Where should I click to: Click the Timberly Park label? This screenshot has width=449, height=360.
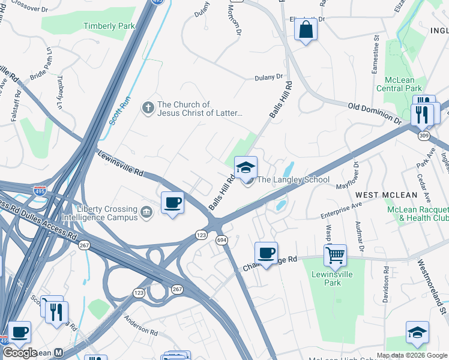(109, 26)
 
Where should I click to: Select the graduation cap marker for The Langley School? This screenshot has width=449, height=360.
(246, 169)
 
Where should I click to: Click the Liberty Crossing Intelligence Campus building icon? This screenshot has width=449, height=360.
(146, 212)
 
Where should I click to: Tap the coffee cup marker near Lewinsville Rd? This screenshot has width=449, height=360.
(173, 203)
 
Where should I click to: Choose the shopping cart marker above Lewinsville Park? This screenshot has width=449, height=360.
(335, 255)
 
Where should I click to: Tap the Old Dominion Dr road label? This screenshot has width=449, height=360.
(375, 113)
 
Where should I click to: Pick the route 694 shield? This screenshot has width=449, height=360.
(221, 240)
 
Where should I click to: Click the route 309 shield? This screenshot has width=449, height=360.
(424, 136)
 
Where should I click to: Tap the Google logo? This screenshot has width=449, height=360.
(20, 353)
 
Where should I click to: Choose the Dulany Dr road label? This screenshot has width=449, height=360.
(268, 77)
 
